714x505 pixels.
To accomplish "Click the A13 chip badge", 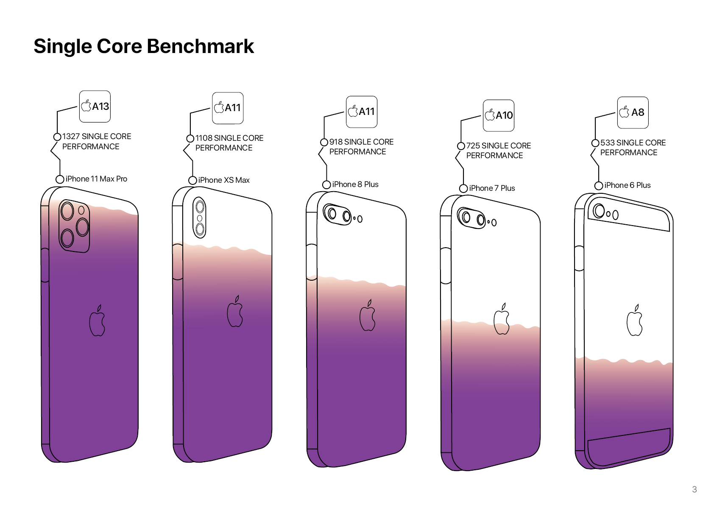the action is coord(95,106).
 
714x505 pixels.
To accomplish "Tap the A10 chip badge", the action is coord(499,115).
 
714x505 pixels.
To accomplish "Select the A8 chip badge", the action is coord(633,112).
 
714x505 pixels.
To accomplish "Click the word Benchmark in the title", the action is coord(200,46).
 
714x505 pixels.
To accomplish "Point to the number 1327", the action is coord(71,137).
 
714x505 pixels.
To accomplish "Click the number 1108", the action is coord(204,138).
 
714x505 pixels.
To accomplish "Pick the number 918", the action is coord(335,142).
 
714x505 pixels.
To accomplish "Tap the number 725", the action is coord(473,146).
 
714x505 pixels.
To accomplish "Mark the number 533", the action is coord(607,143).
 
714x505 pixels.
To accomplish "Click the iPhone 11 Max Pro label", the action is coord(96,179).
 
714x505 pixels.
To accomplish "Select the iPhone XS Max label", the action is coord(224,180).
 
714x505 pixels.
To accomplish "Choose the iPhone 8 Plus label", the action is coord(355,184).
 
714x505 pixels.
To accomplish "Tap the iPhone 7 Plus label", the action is coord(492,188).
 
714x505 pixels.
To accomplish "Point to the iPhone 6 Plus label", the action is coord(628,185).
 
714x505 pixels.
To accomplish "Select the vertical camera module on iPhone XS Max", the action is coord(200,218).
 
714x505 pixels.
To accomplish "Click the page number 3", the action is coord(694,489).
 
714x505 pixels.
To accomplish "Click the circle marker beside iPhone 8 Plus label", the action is coord(326,184).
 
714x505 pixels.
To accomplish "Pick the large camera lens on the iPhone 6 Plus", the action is coord(599,211).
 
